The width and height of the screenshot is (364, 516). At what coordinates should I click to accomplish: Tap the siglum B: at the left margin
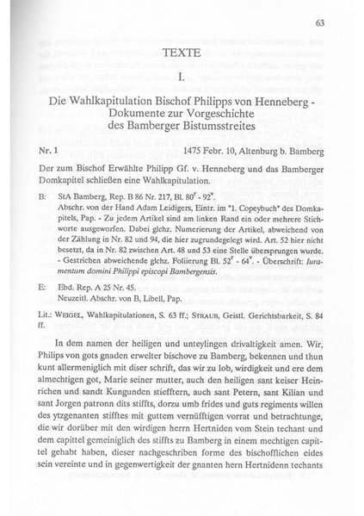(x=43, y=197)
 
